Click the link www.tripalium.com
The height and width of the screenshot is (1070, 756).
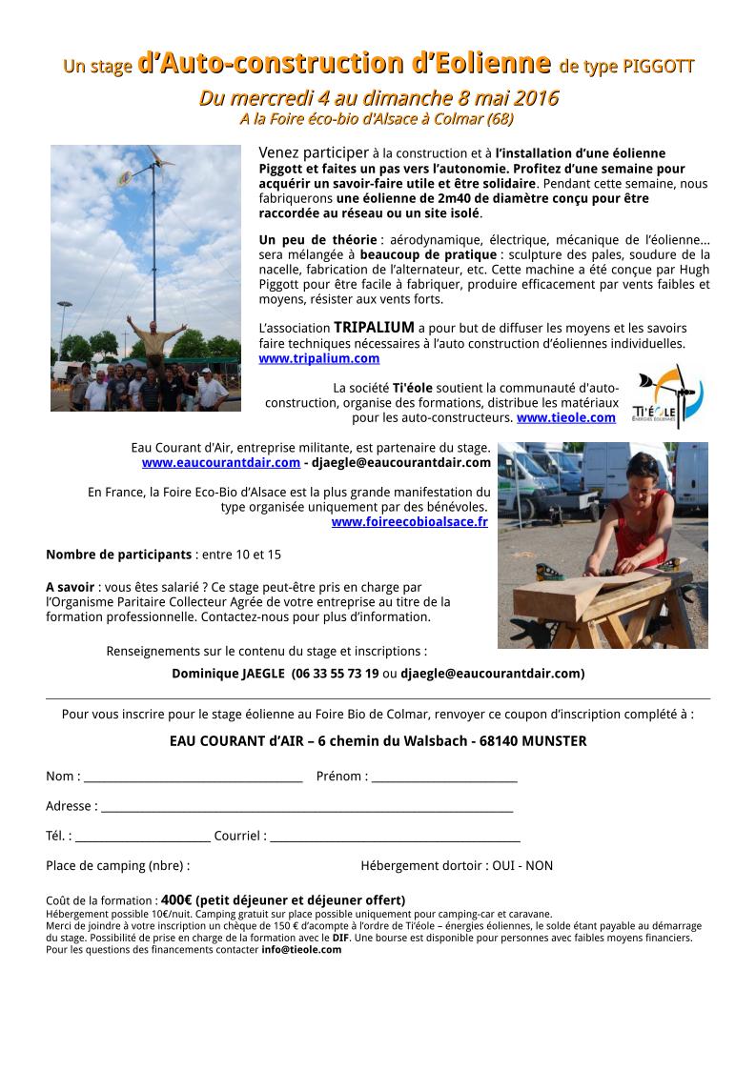[x=318, y=358]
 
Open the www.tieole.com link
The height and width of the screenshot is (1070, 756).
[x=565, y=417]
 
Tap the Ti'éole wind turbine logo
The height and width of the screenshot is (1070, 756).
[x=667, y=395]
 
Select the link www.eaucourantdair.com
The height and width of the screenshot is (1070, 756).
[x=220, y=462]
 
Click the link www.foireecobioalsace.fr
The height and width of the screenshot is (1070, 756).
[x=409, y=521]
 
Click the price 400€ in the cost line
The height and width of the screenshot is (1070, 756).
[x=176, y=899]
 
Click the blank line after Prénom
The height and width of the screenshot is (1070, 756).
[x=444, y=777]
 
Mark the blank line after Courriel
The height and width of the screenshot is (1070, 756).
[x=395, y=838]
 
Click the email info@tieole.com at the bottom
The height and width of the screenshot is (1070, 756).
[x=301, y=949]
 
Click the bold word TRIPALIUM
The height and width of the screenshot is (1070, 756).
[x=374, y=328]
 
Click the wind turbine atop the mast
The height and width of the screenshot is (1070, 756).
[x=153, y=168]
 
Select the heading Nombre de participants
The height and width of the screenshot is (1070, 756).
[x=118, y=555]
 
